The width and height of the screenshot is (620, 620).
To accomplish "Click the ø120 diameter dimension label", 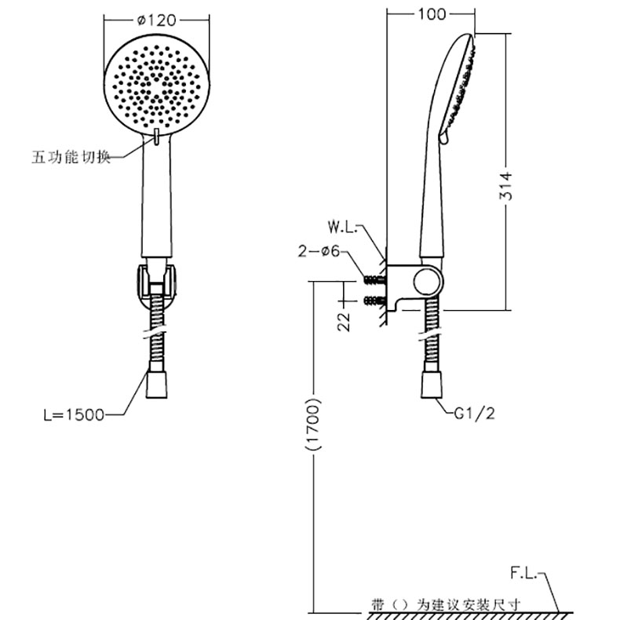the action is tap(157, 20).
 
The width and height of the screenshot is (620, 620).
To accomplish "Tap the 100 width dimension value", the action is tap(432, 14).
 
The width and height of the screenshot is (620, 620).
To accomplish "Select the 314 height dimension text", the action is tap(505, 186).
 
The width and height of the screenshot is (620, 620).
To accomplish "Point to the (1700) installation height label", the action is tap(313, 424).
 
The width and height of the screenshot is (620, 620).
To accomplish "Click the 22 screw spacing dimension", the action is tap(344, 322).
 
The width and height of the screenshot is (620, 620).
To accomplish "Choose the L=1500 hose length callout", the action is tap(74, 415).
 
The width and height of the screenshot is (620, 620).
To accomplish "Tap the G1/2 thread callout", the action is tap(475, 414).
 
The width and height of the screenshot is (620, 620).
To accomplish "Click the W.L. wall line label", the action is tap(342, 228).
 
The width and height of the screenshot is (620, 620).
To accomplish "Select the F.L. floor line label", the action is tap(524, 573).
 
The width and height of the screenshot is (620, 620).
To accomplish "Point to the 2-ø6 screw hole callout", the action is tap(319, 251).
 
